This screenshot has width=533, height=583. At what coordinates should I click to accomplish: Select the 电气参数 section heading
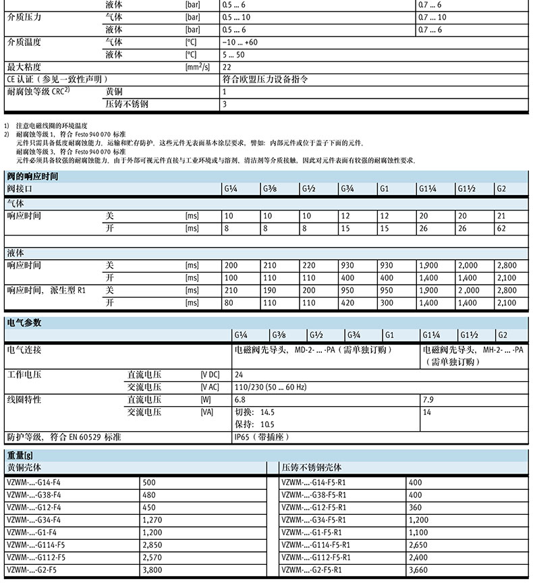click(24, 323)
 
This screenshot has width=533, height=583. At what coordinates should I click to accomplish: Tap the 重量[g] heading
click(21, 454)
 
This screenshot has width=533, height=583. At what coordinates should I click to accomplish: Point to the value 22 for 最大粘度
click(227, 67)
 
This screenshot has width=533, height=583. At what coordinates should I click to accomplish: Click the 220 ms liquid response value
click(309, 265)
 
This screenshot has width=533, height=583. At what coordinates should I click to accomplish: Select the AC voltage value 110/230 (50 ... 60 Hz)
click(269, 387)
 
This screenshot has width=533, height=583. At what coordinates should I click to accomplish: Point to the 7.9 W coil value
click(428, 399)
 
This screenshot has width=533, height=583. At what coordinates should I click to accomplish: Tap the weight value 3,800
click(155, 570)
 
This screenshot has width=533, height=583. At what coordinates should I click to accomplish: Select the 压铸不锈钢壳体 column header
click(311, 467)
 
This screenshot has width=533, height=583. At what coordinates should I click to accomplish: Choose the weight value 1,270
click(155, 520)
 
